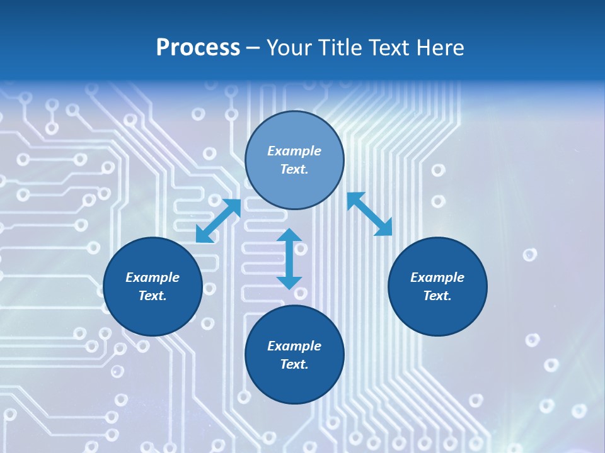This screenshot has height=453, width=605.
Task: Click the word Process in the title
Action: click(198, 48)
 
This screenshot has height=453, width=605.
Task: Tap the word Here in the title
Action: click(441, 48)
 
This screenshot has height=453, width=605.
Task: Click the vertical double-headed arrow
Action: click(289, 259)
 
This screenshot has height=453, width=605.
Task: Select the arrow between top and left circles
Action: click(218, 221)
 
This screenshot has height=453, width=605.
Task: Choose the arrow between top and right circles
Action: click(370, 214)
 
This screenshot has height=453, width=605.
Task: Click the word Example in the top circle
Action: click(294, 151)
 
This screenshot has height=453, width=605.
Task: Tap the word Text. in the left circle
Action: click(153, 296)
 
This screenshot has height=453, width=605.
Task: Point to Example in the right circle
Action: click(437, 277)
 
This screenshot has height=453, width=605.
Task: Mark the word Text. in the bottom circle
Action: click(294, 364)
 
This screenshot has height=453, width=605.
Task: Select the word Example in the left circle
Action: click(153, 277)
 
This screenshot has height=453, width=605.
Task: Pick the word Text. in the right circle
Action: click(437, 296)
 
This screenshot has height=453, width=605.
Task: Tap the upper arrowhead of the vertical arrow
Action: click(289, 236)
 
